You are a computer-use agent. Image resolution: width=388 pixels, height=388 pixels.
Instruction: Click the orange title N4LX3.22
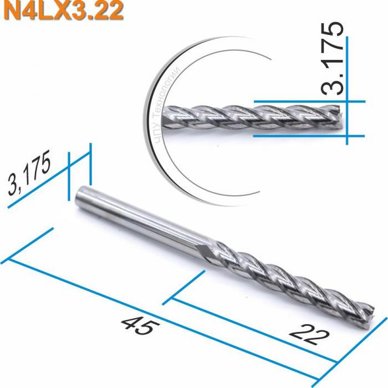62,11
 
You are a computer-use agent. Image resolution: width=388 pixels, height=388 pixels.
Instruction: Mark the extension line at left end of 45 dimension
28,244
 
